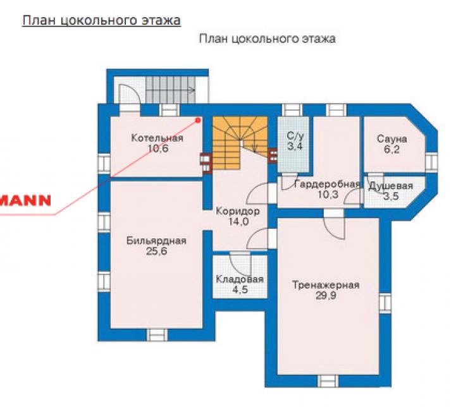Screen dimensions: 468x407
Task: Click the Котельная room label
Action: coord(157,138)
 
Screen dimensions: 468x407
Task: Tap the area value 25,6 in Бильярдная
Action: coord(157,252)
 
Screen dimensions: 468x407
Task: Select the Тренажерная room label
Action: coord(326,285)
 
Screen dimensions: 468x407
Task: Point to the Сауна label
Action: coord(391,139)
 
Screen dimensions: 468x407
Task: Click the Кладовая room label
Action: coord(240,279)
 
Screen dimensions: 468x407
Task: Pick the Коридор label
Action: coord(238,212)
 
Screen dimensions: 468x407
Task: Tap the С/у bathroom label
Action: coord(295,137)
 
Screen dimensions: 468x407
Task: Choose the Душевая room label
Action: coord(391,186)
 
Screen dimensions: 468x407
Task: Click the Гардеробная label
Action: coord(327,185)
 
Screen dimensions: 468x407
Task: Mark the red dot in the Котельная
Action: coord(197,120)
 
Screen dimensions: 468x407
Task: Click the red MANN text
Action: coord(25,200)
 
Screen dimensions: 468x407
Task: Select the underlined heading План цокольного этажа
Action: coord(101,21)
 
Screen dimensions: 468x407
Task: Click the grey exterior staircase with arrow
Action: coord(171,90)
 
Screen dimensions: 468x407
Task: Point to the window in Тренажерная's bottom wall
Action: coord(328,380)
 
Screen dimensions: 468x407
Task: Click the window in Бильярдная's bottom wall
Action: coord(157,335)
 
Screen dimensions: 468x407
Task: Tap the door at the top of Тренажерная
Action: coord(335,224)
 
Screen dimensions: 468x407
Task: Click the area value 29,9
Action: coord(326,296)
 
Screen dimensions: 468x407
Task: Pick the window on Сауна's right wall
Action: coord(431,162)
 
